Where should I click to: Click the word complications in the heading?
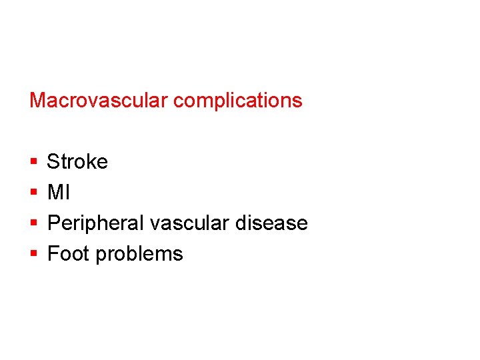click(x=237, y=101)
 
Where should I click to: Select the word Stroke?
click(x=77, y=162)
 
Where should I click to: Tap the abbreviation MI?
click(x=58, y=193)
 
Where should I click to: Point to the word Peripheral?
click(x=96, y=223)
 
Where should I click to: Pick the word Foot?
click(x=69, y=254)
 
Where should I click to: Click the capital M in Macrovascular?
click(x=37, y=101)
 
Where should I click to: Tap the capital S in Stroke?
click(x=53, y=162)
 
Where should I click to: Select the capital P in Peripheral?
click(x=54, y=223)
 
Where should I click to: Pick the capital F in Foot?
click(x=53, y=254)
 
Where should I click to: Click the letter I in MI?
click(x=67, y=193)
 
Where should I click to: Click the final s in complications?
click(x=298, y=101)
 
